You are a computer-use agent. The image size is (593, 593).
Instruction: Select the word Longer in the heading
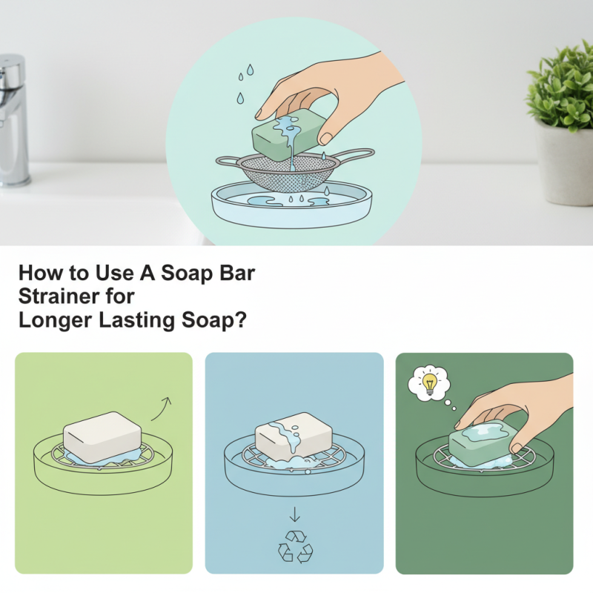pos(50,324)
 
